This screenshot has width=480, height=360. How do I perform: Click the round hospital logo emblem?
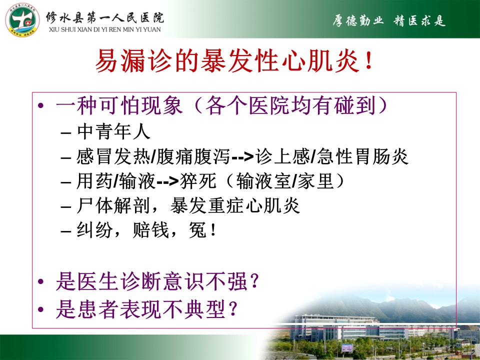[22, 20]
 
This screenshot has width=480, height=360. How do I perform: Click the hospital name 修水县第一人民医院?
[105, 18]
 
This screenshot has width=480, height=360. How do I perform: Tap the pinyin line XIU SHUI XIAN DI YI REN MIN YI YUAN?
[104, 29]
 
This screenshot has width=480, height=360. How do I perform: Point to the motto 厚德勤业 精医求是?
[389, 21]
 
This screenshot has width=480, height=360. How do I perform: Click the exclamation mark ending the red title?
[369, 61]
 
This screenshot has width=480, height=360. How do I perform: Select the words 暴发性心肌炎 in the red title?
[280, 61]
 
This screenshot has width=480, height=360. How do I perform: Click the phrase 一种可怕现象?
[119, 105]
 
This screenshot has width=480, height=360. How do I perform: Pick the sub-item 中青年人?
[113, 131]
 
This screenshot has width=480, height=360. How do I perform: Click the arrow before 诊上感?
[243, 157]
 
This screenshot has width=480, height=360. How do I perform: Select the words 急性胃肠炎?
[363, 156]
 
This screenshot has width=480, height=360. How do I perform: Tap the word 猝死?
[198, 181]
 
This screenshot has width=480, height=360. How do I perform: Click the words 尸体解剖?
[113, 205]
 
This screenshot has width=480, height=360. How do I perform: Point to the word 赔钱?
[151, 229]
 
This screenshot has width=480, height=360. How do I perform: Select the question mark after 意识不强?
[254, 282]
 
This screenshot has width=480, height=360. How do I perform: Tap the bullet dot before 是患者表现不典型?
[40, 309]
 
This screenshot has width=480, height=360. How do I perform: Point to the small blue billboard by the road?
[347, 348]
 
